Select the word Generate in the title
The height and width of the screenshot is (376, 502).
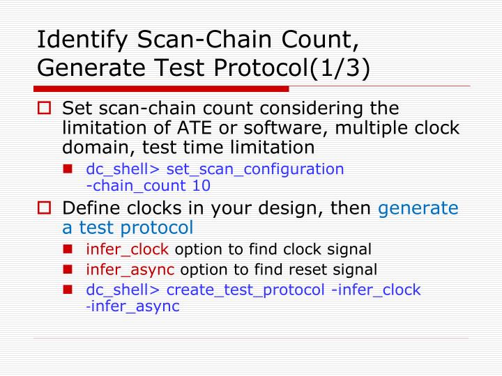tap(87, 69)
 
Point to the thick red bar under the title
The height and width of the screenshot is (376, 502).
tap(161, 89)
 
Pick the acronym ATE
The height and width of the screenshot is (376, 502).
tap(195, 128)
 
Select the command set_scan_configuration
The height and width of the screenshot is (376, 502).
tap(255, 169)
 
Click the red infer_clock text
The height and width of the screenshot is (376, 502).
tap(128, 249)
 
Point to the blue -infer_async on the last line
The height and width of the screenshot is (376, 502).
tap(132, 306)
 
